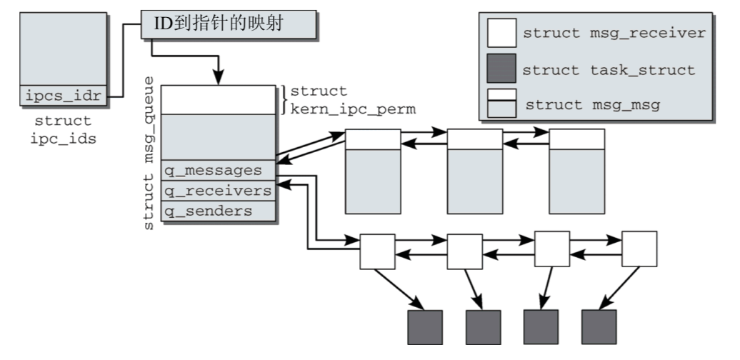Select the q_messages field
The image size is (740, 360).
click(217, 171)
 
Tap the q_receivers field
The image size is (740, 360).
click(217, 191)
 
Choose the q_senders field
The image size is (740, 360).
click(217, 211)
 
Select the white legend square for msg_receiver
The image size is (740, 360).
click(501, 33)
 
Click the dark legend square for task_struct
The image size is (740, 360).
click(501, 70)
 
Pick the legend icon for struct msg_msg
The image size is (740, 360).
click(501, 104)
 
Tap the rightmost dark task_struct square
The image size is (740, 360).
click(599, 327)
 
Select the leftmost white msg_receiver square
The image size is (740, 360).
click(377, 251)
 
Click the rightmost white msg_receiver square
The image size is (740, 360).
click(639, 249)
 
